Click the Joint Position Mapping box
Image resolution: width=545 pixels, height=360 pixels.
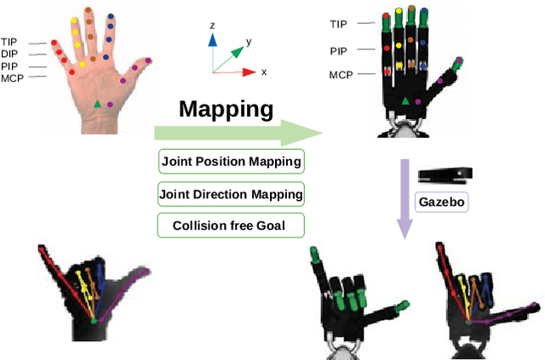[x=232, y=161]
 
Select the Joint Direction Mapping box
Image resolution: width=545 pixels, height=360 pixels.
[x=232, y=194]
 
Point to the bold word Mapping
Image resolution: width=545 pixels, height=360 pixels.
[x=226, y=109]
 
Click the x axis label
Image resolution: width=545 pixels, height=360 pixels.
[x=264, y=72]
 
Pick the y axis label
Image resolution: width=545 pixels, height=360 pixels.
[x=248, y=41]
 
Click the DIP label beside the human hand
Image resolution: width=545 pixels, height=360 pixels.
[x=10, y=53]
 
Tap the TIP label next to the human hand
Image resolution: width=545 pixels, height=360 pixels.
[x=10, y=41]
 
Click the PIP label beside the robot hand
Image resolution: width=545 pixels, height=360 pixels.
[x=338, y=51]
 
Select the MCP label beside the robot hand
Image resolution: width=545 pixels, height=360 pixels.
[x=340, y=75]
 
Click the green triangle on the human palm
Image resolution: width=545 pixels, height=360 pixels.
[x=98, y=104]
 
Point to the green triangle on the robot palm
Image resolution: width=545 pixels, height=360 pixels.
[x=405, y=102]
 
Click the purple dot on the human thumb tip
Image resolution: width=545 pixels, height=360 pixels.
[x=148, y=61]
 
